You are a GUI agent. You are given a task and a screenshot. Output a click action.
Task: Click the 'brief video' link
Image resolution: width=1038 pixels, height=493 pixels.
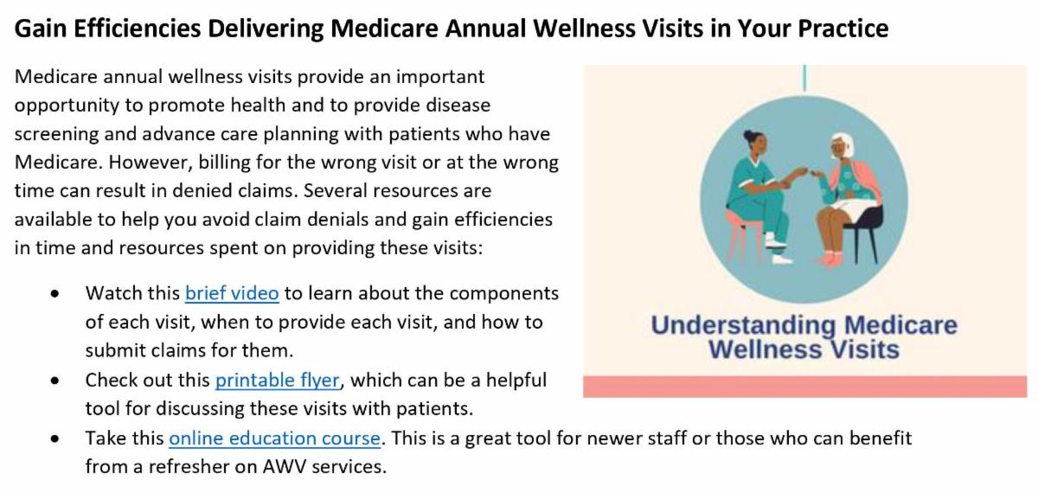(x=232, y=293)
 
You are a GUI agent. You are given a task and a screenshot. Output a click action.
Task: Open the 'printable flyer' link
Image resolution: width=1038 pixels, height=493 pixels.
(x=277, y=381)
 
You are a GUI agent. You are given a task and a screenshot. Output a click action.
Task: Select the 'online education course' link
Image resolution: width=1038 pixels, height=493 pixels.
(x=275, y=439)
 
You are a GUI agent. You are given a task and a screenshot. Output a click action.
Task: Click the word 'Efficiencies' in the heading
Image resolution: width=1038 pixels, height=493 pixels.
(x=138, y=29)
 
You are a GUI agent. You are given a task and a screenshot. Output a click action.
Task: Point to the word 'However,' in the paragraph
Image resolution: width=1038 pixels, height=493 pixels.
(x=151, y=163)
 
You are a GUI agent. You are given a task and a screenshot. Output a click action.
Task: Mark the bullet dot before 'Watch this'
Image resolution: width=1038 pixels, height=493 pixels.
(x=55, y=294)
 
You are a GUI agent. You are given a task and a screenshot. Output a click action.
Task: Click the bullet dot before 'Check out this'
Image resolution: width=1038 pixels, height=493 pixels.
(x=55, y=381)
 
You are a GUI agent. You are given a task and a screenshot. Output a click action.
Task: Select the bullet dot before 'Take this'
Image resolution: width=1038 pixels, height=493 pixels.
(x=55, y=439)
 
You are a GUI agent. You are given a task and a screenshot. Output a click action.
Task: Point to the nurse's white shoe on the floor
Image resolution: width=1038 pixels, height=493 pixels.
(x=781, y=259)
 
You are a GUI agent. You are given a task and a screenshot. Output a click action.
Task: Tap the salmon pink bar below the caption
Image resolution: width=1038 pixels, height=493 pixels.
(x=805, y=387)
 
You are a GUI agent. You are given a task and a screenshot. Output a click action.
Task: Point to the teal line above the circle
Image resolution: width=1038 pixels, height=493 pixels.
(x=804, y=78)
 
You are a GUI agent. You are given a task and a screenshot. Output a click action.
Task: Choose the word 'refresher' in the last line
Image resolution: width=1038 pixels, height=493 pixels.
(x=184, y=467)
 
